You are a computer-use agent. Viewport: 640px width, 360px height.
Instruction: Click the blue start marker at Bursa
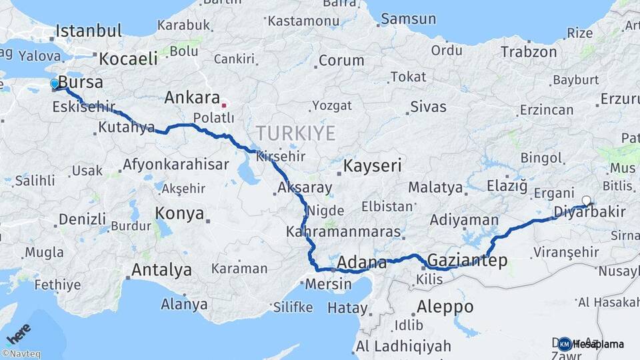click(55, 84)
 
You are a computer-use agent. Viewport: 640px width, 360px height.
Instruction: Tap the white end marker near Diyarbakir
click(586, 200)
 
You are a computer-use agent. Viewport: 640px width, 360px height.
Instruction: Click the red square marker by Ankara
click(224, 105)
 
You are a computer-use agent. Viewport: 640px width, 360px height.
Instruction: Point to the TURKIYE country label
click(295, 133)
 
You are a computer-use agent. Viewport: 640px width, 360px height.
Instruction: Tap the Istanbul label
click(89, 31)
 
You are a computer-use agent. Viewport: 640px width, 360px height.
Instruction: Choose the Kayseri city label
click(372, 165)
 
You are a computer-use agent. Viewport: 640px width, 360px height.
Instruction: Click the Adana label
click(362, 261)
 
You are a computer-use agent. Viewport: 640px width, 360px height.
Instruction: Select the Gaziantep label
click(467, 260)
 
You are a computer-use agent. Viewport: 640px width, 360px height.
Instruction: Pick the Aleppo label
click(445, 307)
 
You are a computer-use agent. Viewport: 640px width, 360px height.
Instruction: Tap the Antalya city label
click(161, 270)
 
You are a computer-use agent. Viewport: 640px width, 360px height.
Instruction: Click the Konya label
click(179, 213)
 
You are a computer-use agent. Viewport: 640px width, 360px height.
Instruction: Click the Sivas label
click(428, 106)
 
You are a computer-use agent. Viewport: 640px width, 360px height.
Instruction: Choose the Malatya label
click(435, 187)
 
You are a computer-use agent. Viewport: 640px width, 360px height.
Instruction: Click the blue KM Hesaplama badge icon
click(565, 344)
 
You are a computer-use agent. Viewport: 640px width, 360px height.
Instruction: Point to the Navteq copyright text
click(21, 354)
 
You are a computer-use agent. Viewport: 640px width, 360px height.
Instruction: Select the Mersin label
click(327, 284)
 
